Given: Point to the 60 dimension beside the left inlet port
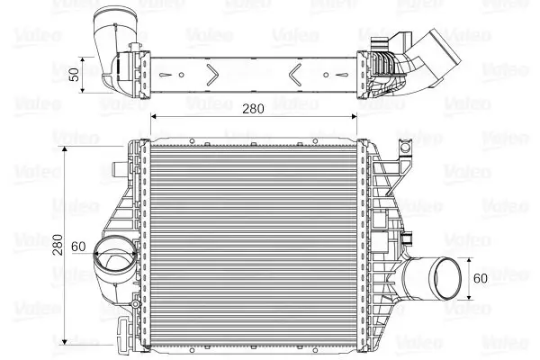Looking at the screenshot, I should [78, 246].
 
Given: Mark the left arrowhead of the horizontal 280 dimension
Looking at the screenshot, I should [154, 118].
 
